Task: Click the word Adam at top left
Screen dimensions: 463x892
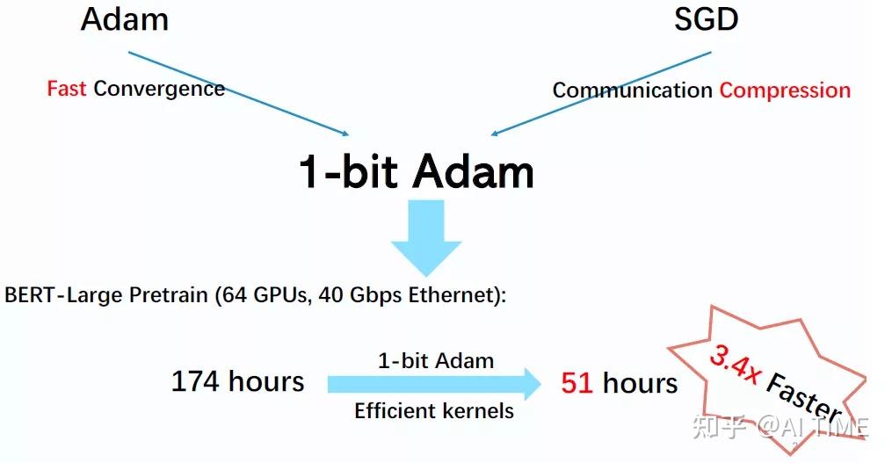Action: [x=124, y=19]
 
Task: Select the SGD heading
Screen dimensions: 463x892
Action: [x=706, y=19]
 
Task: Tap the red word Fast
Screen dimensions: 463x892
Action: [x=67, y=89]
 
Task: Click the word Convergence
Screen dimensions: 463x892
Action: [x=159, y=89]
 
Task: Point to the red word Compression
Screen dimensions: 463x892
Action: [x=785, y=90]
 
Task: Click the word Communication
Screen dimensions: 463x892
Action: [x=632, y=90]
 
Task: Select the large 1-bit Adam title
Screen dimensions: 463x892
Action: [x=417, y=171]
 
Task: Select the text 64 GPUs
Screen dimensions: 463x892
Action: [x=265, y=295]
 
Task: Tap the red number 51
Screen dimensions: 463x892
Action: [x=577, y=383]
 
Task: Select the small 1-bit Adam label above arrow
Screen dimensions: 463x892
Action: [x=435, y=360]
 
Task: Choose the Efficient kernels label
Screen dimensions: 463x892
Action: [x=434, y=410]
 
